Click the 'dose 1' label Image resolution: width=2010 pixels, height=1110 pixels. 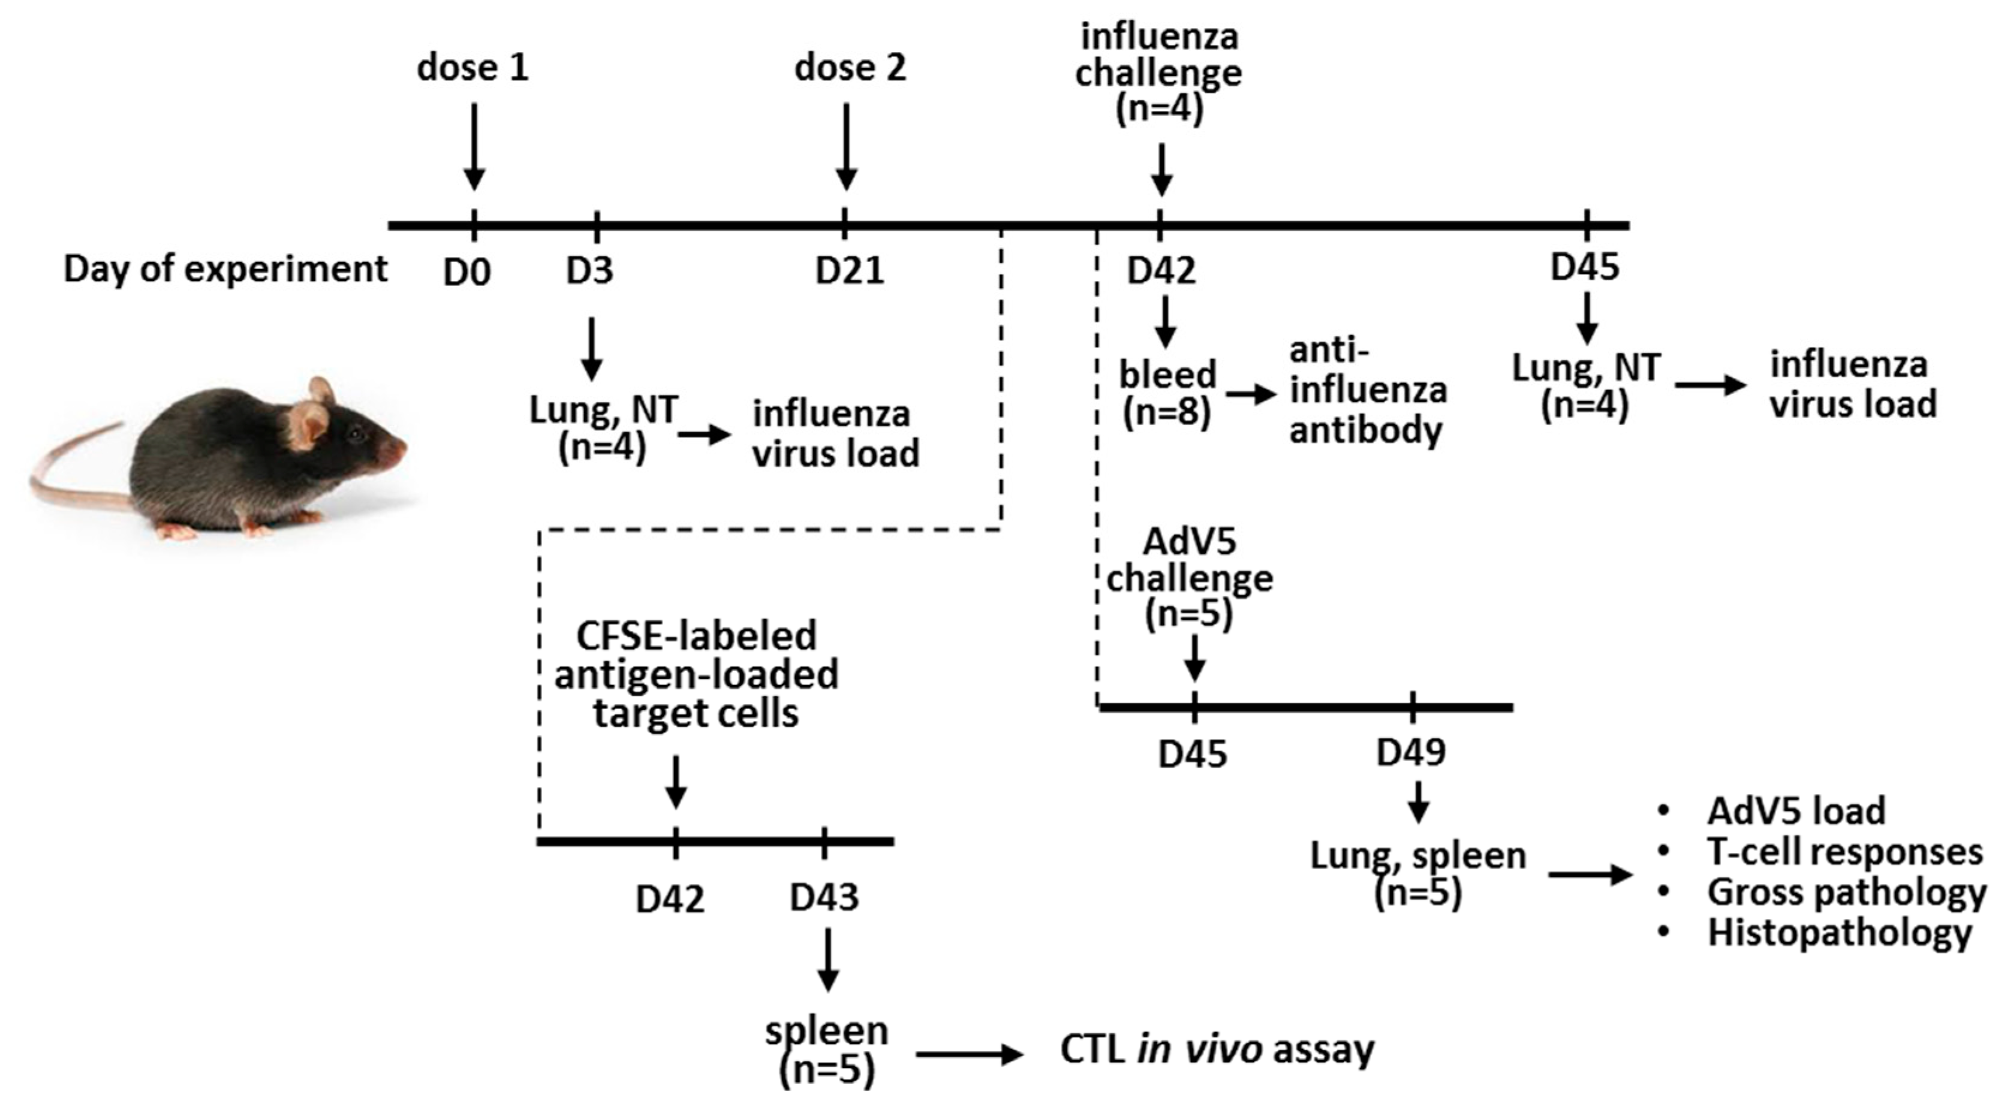pos(473,68)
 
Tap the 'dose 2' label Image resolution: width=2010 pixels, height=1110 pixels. pos(850,68)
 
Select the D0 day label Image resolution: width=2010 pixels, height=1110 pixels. pos(467,272)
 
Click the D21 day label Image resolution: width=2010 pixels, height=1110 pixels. pos(850,271)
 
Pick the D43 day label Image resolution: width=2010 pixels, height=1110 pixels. pos(824,898)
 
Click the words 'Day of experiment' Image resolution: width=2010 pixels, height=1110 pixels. pos(225,269)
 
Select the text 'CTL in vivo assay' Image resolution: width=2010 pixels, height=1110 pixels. pos(1217,1050)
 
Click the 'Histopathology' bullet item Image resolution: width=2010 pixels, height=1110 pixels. pos(1839,933)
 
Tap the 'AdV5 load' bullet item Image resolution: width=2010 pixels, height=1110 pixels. pos(1795,812)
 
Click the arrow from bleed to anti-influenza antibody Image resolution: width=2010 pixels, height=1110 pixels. pos(1251,395)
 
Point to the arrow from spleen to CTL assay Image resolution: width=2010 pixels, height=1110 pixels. pos(968,1055)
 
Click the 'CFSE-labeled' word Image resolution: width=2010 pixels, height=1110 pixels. pos(696,636)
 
